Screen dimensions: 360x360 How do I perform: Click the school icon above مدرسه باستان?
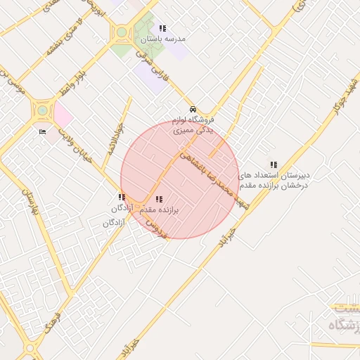click(162, 29)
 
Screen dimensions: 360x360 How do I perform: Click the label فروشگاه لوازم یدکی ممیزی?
click(198, 126)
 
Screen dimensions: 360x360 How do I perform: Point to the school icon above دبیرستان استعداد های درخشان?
click(274, 165)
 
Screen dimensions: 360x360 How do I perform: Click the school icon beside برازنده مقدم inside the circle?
click(157, 199)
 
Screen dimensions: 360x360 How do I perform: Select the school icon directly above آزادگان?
click(122, 198)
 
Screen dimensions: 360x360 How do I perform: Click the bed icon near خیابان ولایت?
click(42, 131)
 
